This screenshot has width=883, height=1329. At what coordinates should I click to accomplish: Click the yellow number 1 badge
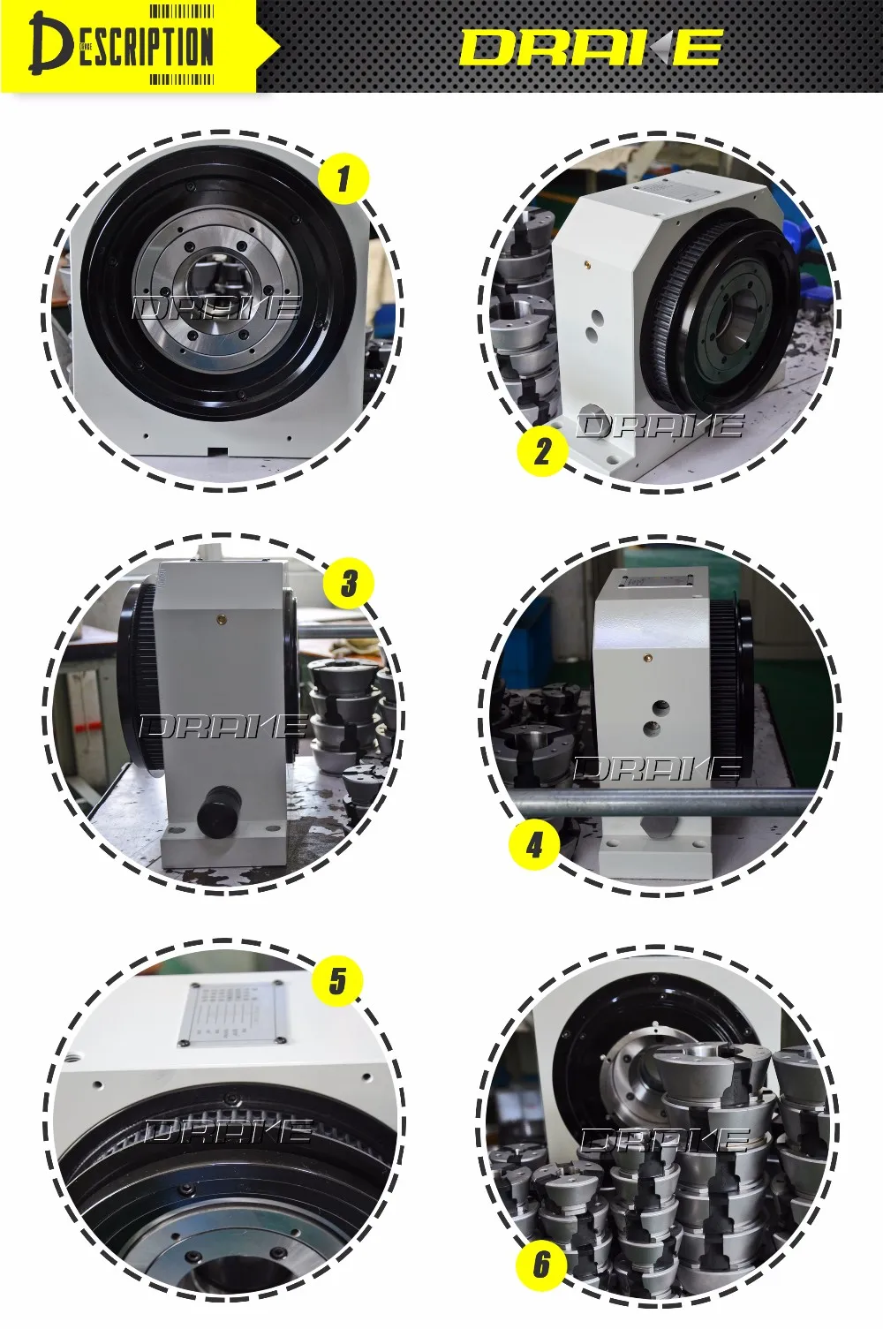point(343,178)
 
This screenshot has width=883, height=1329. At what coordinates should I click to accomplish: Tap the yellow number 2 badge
point(541,451)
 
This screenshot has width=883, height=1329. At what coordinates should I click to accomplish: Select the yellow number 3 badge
point(349,583)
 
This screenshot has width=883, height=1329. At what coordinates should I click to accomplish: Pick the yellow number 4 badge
point(534,845)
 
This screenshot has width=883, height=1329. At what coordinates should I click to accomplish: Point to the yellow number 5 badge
point(337,981)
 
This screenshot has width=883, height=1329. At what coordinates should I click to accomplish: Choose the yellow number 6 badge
point(541,1265)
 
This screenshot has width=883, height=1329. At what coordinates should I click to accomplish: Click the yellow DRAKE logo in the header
point(591,48)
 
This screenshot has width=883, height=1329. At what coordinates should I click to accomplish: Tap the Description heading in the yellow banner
point(124,46)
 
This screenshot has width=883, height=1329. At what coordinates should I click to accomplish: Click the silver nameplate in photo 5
point(234,1014)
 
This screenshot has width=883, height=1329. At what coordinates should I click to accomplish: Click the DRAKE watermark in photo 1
point(217,308)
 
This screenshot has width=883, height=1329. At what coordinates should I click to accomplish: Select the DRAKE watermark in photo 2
point(660,426)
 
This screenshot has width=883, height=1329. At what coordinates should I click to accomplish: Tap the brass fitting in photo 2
point(587,262)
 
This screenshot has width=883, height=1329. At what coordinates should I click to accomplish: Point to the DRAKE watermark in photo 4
point(658,769)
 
